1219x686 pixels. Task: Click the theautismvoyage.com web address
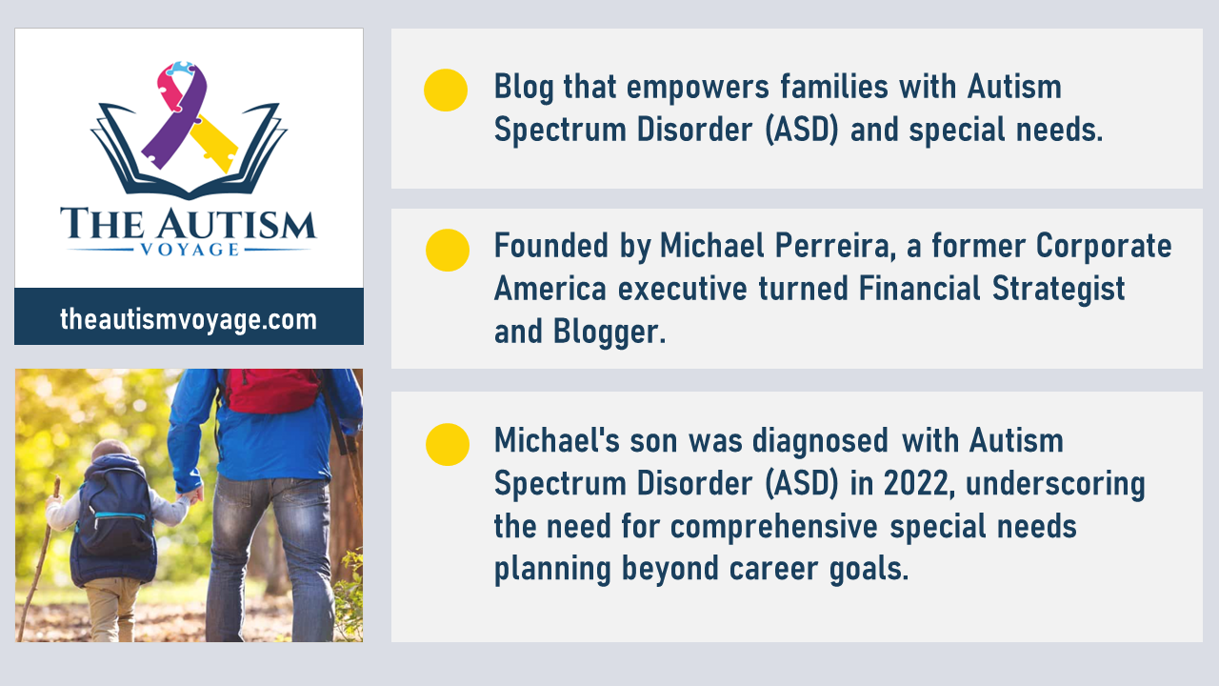189,319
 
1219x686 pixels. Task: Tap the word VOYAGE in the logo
190,250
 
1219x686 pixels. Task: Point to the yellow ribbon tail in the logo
214,143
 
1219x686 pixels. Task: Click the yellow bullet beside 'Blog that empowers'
446,91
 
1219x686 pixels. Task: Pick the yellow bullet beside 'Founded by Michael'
448,251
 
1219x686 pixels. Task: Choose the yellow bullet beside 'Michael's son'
448,444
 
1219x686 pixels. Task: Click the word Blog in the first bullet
524,89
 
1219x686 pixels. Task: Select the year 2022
919,483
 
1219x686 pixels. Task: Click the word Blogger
609,333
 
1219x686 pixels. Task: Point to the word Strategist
1058,289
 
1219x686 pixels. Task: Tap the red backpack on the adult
271,390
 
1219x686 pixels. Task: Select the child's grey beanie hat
111,451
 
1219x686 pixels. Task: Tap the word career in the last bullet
773,570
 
